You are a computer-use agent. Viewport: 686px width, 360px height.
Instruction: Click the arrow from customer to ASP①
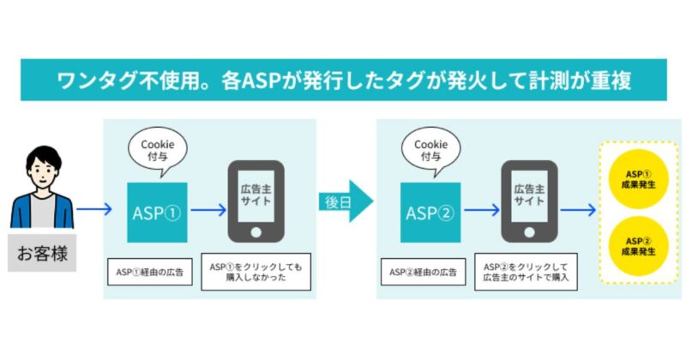click(94, 208)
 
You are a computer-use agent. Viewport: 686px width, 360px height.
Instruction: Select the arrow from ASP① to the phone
click(208, 208)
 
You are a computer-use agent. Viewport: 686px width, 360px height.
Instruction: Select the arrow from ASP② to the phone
click(482, 208)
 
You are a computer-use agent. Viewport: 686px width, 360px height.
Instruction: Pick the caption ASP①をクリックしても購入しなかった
click(256, 272)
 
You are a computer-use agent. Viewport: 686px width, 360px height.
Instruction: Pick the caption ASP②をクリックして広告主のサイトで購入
click(526, 272)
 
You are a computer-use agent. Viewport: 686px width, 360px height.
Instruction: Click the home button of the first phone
click(256, 232)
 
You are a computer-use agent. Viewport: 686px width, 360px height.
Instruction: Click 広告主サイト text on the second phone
click(529, 195)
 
